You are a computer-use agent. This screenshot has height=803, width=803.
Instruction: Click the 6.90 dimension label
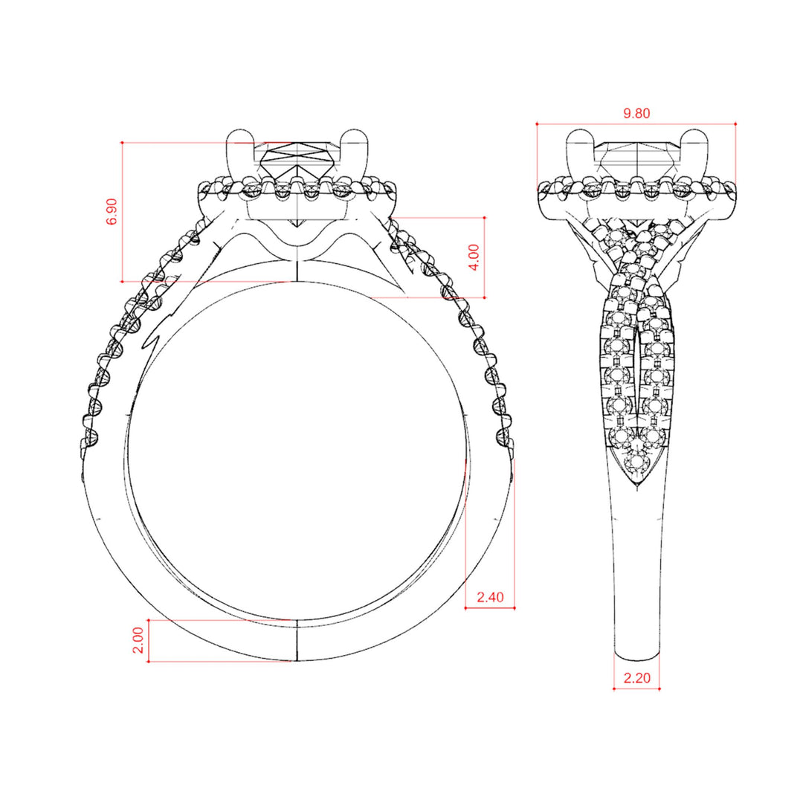(112, 211)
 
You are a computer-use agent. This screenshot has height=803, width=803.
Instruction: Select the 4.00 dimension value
(474, 257)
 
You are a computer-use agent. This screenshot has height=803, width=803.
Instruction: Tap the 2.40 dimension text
(490, 597)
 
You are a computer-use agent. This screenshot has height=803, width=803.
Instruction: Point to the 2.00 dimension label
(138, 640)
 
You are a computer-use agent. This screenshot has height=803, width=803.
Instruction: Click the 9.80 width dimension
(636, 113)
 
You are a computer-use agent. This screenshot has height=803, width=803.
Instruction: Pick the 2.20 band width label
(636, 678)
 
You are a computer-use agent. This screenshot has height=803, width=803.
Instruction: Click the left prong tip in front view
(241, 130)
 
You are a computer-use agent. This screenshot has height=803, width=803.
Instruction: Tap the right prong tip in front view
(355, 130)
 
